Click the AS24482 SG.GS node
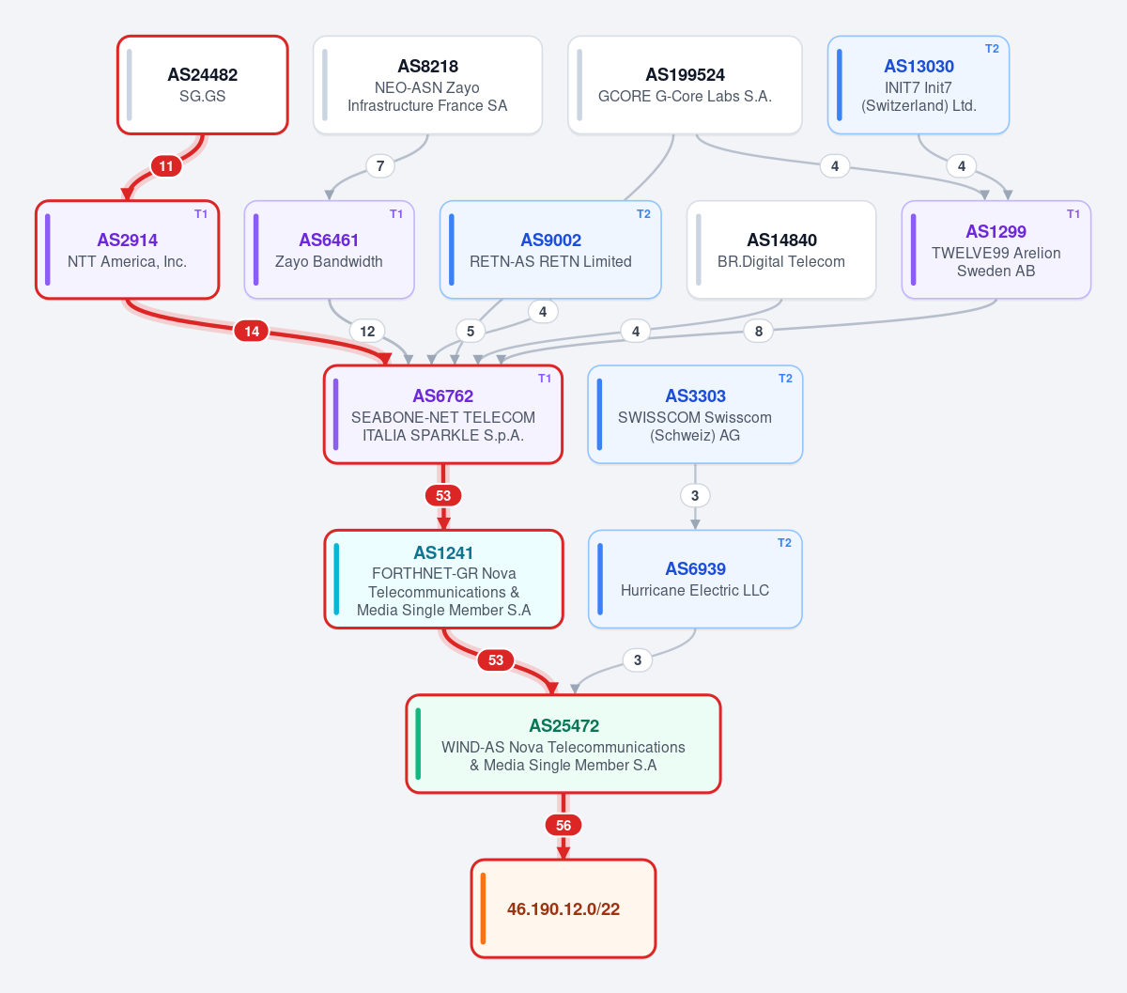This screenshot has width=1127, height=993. coord(203,85)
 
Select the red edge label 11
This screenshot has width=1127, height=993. coord(166,166)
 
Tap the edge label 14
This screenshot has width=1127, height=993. coord(252,332)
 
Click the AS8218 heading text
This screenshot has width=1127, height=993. coord(427,67)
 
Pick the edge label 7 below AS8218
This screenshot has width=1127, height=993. coord(380,166)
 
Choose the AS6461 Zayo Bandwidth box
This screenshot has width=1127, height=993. coord(330,249)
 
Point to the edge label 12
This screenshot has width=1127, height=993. coord(367,332)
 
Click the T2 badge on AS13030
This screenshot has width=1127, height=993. coord(992,49)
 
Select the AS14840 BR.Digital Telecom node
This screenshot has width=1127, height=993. coord(781,249)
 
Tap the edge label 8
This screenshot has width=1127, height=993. coord(759,332)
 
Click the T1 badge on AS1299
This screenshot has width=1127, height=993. coord(1073,214)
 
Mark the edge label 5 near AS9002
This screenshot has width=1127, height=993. coord(471,332)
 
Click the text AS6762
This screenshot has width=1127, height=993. coord(442,396)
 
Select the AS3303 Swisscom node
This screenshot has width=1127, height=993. coord(695,414)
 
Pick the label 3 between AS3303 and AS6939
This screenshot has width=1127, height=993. coord(695,495)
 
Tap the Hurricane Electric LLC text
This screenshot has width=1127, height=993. coord(695,590)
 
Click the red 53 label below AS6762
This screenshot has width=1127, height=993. coord(442,495)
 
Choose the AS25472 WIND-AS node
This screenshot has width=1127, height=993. coord(563,744)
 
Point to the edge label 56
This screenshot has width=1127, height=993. coord(563,825)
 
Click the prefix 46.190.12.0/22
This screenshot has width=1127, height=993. coord(563,908)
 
